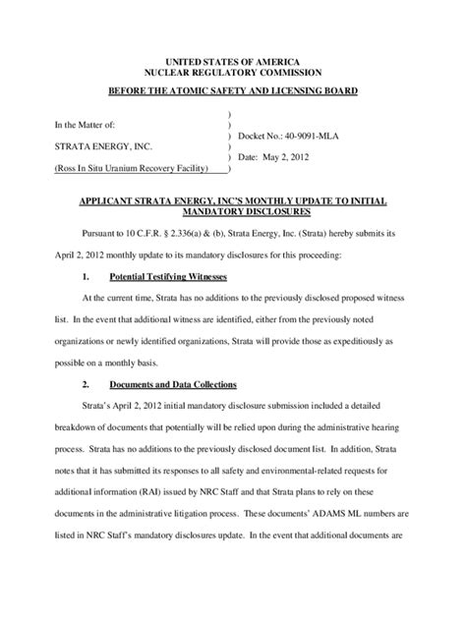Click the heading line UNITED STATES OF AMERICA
click(233, 61)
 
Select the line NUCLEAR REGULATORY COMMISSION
click(233, 73)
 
